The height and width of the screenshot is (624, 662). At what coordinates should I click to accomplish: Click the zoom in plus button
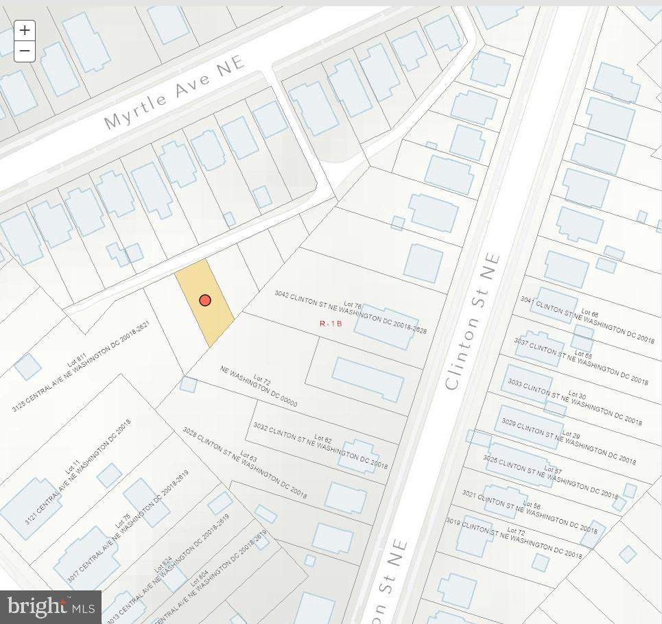point(25,30)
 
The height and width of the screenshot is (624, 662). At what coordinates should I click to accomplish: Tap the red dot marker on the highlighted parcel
point(205,300)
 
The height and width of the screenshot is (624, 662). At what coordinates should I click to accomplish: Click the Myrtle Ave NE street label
point(174,94)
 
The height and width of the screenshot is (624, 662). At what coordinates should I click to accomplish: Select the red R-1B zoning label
point(331,324)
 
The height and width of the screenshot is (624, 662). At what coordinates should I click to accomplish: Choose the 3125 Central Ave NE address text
point(81,367)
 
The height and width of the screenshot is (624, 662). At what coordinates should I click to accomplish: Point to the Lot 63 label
point(248,457)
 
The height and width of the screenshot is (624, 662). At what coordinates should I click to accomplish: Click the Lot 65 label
point(583,355)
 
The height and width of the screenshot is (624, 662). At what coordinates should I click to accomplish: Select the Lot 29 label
point(571,435)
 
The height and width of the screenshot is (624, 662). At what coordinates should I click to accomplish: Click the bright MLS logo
point(51,607)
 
